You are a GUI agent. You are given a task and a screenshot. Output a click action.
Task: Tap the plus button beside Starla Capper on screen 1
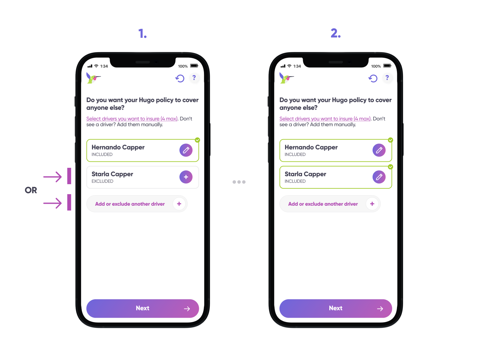(x=186, y=177)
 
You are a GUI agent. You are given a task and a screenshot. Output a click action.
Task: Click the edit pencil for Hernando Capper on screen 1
(x=186, y=150)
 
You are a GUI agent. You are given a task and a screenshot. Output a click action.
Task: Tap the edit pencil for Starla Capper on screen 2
(x=379, y=177)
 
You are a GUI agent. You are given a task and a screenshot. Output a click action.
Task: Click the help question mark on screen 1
(x=194, y=78)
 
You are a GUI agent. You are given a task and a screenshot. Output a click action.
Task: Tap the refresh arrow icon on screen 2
(x=373, y=78)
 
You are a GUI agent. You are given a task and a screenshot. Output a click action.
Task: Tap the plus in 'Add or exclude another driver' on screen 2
(x=372, y=204)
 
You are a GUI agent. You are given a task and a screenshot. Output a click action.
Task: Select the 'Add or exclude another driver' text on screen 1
(x=130, y=204)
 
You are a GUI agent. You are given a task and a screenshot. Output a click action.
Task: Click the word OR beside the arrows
(x=31, y=190)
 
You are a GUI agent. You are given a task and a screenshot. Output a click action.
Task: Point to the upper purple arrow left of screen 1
(x=53, y=176)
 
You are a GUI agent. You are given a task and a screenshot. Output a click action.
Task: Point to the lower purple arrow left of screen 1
(x=53, y=203)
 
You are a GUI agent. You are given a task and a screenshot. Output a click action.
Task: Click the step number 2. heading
(x=336, y=33)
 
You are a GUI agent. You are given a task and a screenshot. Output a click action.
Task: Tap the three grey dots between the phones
(x=239, y=182)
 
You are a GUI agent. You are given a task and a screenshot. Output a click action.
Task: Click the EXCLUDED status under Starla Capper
(x=102, y=181)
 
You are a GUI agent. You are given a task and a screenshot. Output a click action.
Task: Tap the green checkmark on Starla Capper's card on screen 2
(x=391, y=167)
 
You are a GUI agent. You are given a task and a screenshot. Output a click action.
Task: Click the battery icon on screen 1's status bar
(x=194, y=66)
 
